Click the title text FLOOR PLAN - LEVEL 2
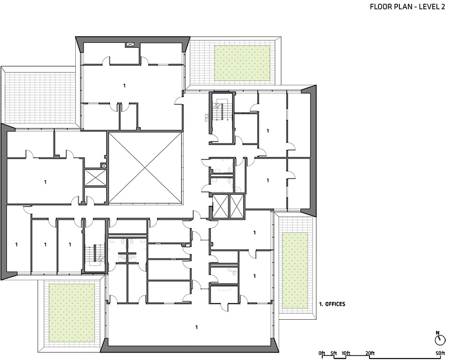click(x=408, y=7)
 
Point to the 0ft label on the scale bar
click(x=322, y=353)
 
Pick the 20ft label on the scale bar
click(x=370, y=353)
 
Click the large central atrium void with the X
click(x=145, y=168)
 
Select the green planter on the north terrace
click(x=242, y=63)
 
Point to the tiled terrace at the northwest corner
click(x=41, y=97)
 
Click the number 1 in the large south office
click(x=196, y=327)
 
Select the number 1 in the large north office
click(x=124, y=85)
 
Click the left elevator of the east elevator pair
click(x=221, y=206)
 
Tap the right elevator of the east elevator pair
click(x=236, y=206)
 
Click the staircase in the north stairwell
click(x=220, y=111)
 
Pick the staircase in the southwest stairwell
click(x=95, y=254)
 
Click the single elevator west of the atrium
click(x=95, y=178)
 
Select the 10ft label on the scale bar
click(x=346, y=353)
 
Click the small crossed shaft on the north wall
click(x=130, y=44)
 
